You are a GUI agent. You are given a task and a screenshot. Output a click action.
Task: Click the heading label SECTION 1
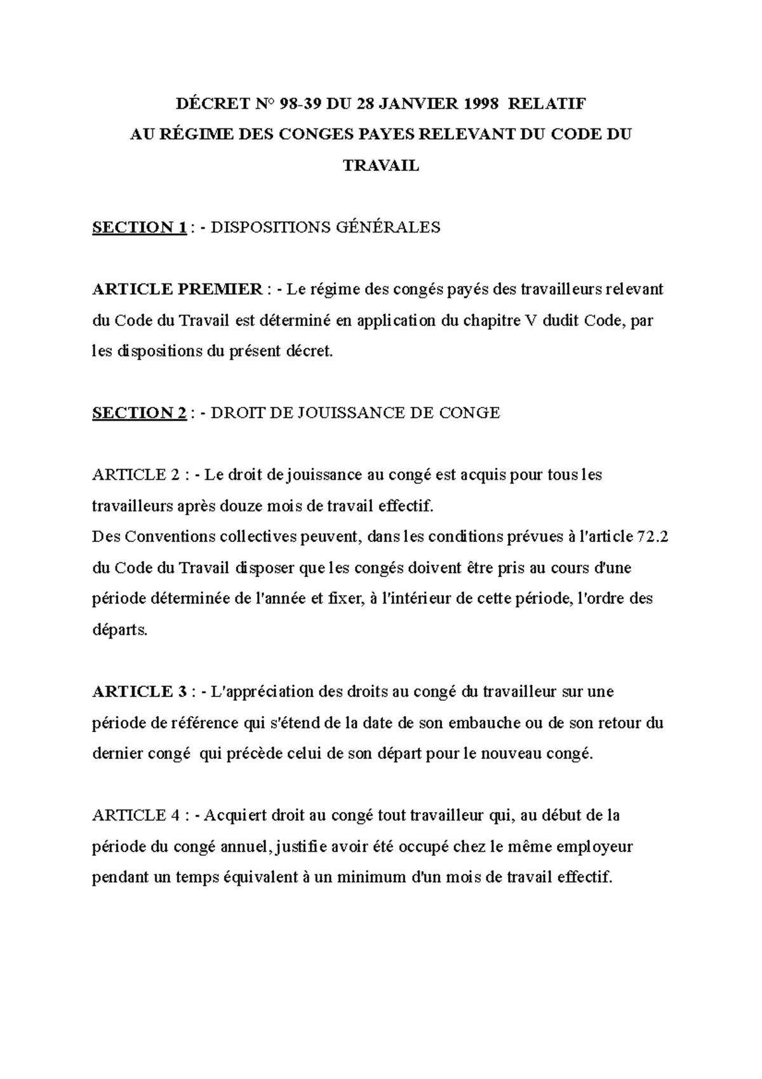139,227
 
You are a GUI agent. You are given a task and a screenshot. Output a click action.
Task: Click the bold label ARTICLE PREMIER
177,290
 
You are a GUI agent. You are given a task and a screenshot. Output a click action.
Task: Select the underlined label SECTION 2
139,413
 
